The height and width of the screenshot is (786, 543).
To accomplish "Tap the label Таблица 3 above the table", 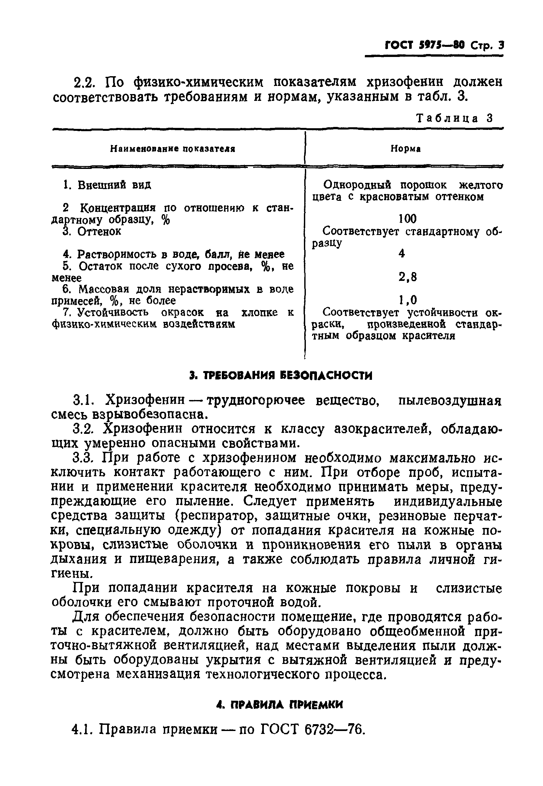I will coord(454,118).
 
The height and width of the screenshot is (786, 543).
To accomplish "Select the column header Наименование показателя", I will coord(173,149).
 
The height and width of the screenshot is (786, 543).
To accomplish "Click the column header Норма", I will coord(405,149).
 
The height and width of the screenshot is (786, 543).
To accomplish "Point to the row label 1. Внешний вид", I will coord(107,185).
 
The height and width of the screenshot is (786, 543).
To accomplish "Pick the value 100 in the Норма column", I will coord(407,219).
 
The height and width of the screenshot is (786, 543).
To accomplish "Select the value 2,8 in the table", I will coord(407,277).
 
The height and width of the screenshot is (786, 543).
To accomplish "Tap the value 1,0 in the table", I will coord(407,300).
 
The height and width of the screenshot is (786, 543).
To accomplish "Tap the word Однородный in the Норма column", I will coord(357,185).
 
